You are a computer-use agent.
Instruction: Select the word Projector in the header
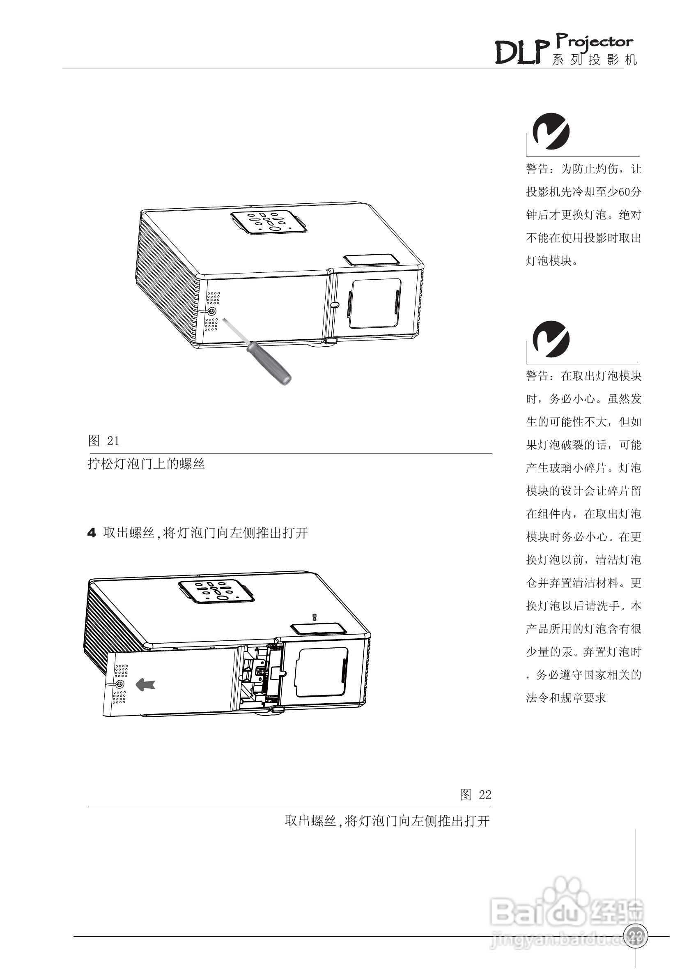tap(595, 42)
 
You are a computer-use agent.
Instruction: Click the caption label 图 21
tap(103, 441)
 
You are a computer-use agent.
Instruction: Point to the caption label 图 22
tap(475, 794)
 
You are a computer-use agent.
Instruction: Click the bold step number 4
tap(91, 533)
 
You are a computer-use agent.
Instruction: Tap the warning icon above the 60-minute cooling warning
tap(551, 131)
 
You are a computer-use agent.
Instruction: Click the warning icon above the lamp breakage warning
tap(551, 339)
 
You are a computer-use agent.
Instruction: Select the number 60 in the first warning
tap(623, 192)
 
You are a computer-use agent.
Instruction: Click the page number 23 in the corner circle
tap(635, 936)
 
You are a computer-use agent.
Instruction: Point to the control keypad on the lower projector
tap(216, 591)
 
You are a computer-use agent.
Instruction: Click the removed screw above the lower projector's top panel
tap(314, 617)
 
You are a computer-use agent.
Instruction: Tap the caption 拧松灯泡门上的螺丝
tap(146, 464)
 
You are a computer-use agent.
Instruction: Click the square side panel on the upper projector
tap(375, 303)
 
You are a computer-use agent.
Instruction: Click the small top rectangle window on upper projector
tap(370, 260)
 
